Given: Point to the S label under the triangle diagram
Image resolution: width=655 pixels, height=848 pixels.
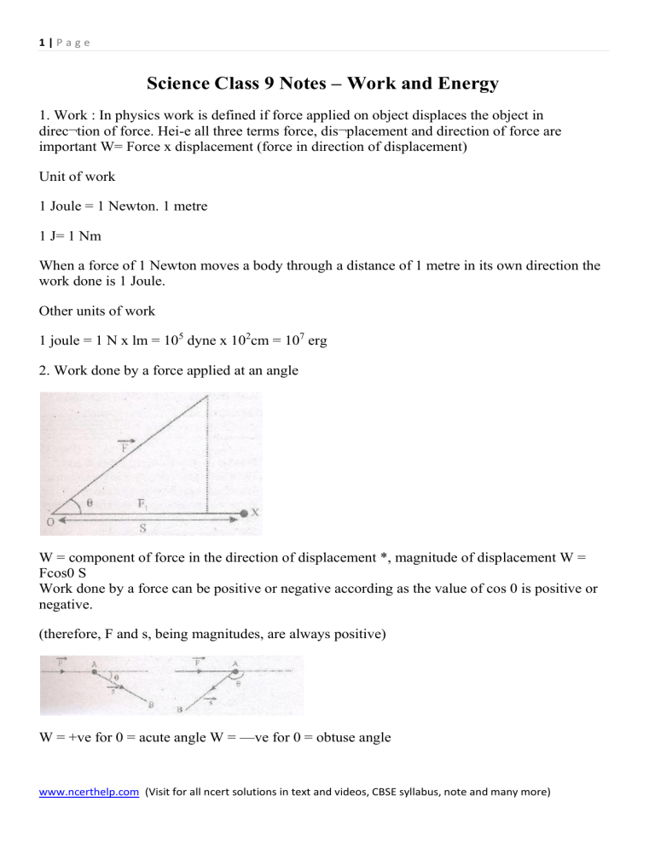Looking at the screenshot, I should (x=142, y=528).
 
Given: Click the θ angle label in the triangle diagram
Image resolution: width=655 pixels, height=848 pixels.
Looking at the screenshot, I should (x=91, y=504).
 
